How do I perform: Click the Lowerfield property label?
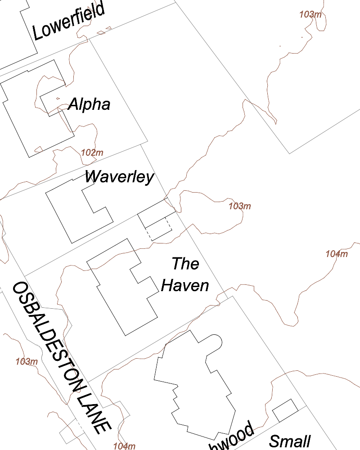click(68, 22)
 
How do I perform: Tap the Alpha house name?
click(89, 104)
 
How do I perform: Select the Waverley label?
click(119, 177)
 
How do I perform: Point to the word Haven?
click(185, 285)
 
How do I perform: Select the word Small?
click(290, 441)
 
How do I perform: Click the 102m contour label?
click(92, 153)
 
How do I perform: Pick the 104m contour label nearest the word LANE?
click(124, 446)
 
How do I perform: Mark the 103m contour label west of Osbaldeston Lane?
click(27, 361)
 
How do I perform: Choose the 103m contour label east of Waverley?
click(239, 207)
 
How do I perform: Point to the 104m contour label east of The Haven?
click(337, 254)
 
